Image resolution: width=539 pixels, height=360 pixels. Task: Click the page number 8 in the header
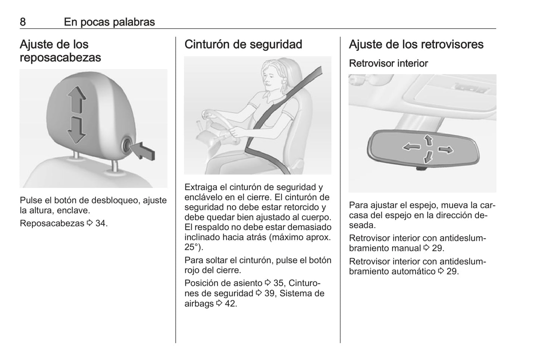23,22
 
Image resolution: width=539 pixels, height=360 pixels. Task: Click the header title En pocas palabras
109,22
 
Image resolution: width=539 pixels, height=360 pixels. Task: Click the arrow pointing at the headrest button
144,151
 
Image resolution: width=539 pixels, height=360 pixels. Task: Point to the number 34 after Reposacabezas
100,223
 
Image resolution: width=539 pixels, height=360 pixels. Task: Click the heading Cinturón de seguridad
243,44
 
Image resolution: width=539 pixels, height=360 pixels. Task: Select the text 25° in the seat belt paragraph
192,247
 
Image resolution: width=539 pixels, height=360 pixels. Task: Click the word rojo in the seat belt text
192,270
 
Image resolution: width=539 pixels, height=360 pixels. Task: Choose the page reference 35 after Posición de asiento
278,283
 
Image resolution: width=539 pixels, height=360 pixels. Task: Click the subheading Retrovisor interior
388,63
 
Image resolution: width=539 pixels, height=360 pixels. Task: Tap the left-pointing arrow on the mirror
411,147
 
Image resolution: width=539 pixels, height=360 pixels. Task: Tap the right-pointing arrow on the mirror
446,150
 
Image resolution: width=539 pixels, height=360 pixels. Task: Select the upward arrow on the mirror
428,140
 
